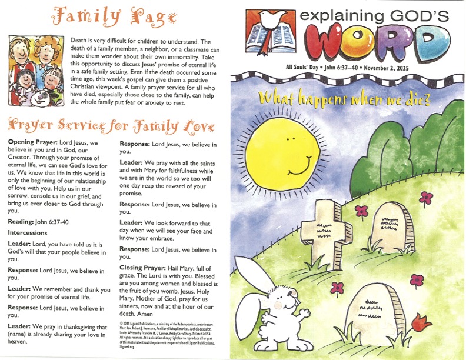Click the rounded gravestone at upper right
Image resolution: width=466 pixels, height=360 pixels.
click(x=392, y=226)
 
